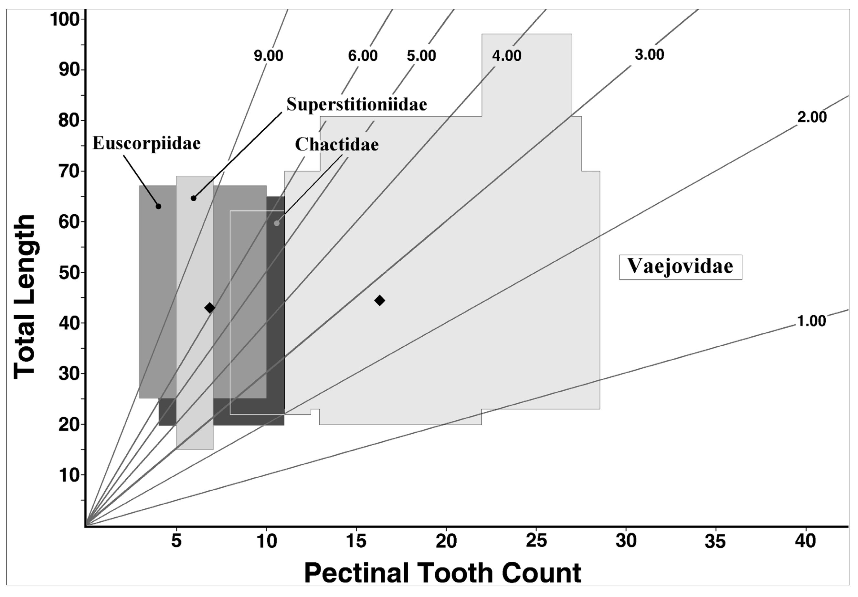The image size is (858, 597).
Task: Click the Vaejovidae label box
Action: click(x=680, y=267)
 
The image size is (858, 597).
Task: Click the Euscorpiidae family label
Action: click(x=146, y=143)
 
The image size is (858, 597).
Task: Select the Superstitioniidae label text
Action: click(x=356, y=104)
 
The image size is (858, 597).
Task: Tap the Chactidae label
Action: click(x=337, y=144)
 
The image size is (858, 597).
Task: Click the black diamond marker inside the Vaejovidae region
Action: click(x=380, y=300)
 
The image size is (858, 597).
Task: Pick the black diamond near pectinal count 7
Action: click(x=210, y=308)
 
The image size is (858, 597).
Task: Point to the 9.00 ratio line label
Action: click(x=268, y=56)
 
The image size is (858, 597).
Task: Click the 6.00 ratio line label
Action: click(x=363, y=56)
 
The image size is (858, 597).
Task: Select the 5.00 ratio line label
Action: click(x=421, y=56)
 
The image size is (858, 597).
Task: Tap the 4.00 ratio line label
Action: click(x=506, y=56)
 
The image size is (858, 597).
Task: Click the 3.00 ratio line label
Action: click(x=650, y=55)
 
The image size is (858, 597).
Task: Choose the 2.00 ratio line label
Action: click(x=812, y=117)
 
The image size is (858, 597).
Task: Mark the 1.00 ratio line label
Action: click(x=811, y=321)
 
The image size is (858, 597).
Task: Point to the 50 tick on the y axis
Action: click(x=69, y=273)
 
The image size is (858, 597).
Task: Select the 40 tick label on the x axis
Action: click(x=805, y=541)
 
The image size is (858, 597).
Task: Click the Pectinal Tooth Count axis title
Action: click(x=442, y=573)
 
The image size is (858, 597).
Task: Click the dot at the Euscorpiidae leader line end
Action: click(x=158, y=206)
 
